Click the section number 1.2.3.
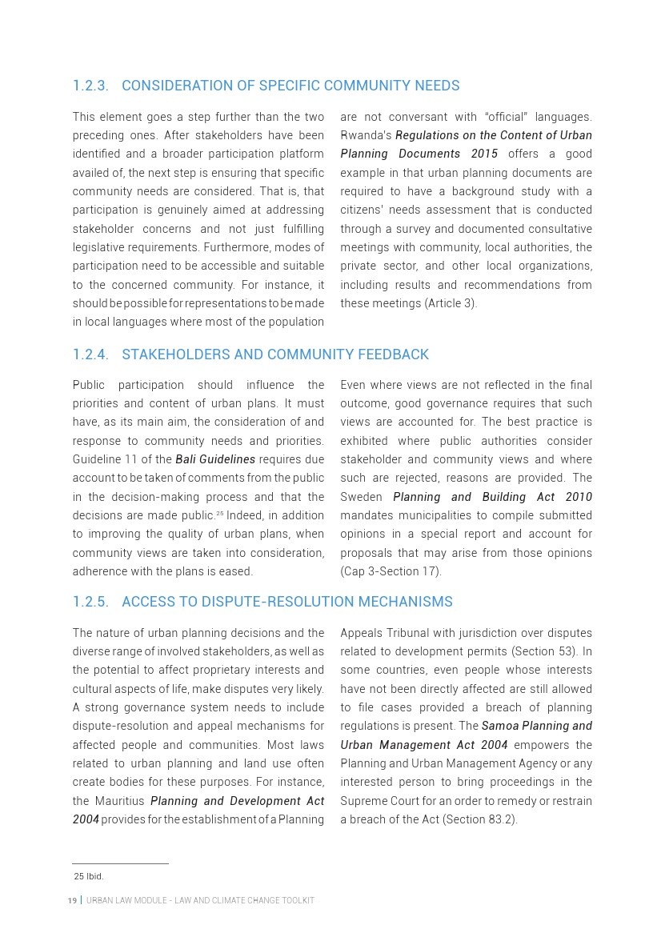coord(90,86)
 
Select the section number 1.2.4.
coord(90,354)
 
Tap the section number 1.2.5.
coord(90,602)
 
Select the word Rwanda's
coord(366,135)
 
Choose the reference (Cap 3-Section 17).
coord(391,571)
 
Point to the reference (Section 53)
coord(540,651)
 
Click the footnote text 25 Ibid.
coord(89,876)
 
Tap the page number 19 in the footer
coord(72,901)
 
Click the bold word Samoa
coord(499,726)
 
